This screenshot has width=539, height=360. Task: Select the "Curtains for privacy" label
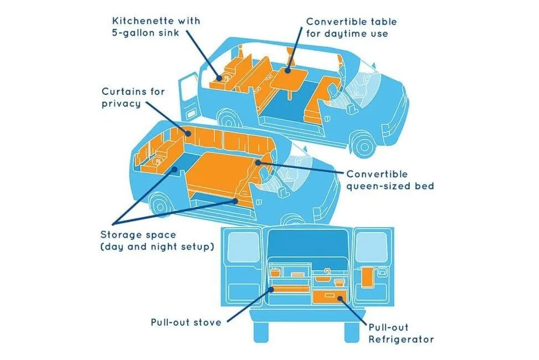click(x=133, y=97)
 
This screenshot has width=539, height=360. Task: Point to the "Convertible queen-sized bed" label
click(x=389, y=181)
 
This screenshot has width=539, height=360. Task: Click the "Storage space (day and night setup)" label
click(x=157, y=240)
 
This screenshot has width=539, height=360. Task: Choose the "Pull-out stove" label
click(x=186, y=322)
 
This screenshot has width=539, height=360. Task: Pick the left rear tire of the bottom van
click(x=262, y=331)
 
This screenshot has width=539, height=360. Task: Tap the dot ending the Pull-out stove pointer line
click(x=271, y=289)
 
